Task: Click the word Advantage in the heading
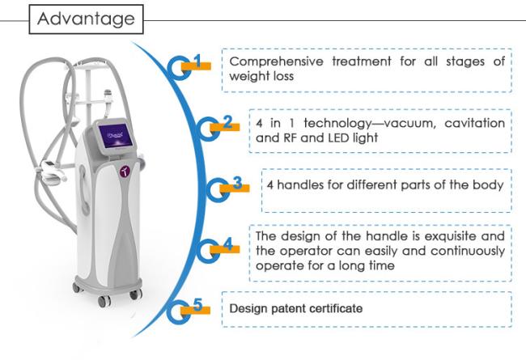click(87, 19)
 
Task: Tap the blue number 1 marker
click(198, 61)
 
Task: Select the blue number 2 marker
click(227, 122)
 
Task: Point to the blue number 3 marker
click(237, 183)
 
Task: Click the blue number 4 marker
click(227, 244)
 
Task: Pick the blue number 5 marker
click(198, 305)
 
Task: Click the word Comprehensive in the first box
click(277, 61)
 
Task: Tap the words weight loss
click(261, 76)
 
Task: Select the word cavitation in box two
click(475, 123)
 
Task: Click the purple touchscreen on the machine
click(115, 136)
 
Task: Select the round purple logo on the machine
click(125, 172)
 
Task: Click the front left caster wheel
click(104, 301)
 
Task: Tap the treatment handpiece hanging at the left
click(52, 170)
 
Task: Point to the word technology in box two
click(337, 124)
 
